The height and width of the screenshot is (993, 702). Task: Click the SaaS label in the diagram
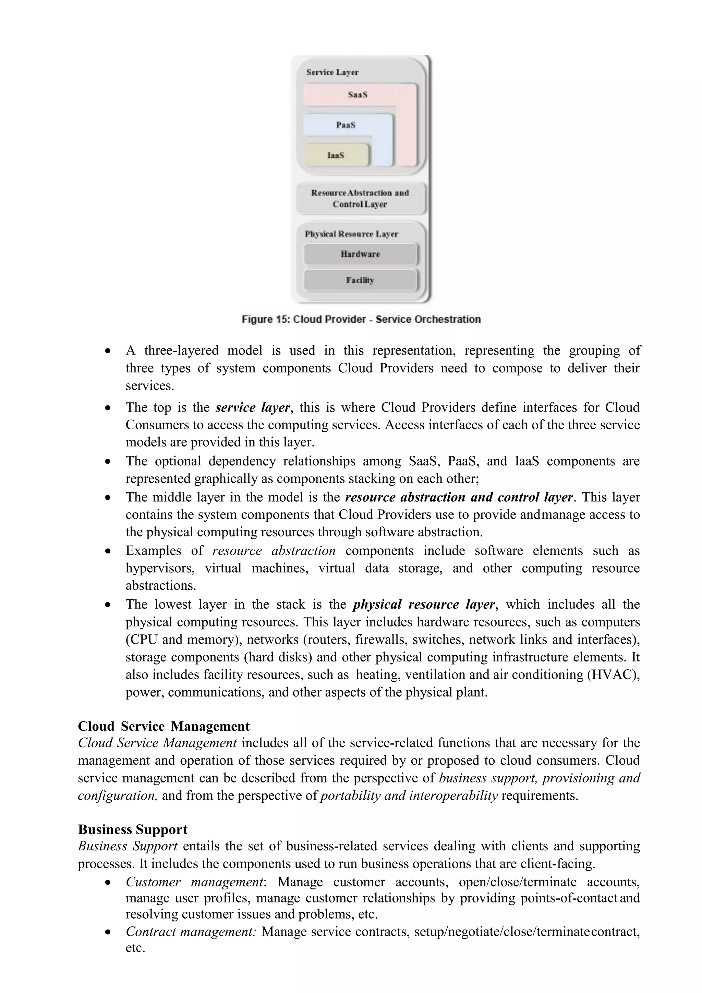[x=358, y=95]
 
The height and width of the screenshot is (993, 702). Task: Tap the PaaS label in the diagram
[x=346, y=125]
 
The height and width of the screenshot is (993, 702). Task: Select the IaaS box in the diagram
[x=336, y=155]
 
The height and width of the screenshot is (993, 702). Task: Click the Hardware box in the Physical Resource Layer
[x=360, y=254]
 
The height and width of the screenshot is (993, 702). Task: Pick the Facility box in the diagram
[x=360, y=280]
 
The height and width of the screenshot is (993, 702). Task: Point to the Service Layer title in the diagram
[x=332, y=72]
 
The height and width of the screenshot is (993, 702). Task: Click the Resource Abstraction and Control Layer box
[x=360, y=199]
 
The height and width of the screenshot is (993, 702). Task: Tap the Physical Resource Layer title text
[x=351, y=234]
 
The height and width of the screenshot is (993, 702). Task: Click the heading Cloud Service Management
[x=164, y=726]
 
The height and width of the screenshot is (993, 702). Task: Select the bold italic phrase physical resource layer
[x=424, y=604]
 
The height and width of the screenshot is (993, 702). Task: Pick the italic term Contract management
[x=191, y=931]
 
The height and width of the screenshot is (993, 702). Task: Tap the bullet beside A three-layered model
[x=108, y=351]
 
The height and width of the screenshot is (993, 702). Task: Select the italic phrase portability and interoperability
[x=409, y=795]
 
